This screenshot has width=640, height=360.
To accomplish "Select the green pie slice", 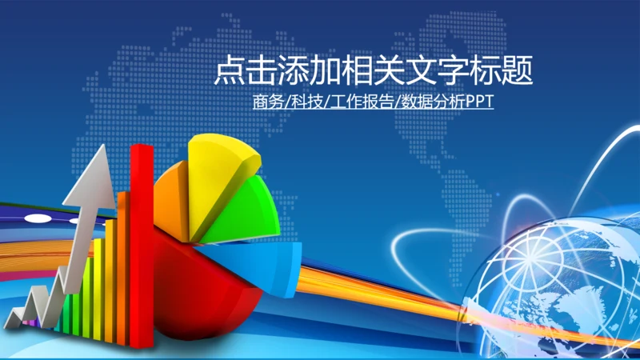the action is point(245,212).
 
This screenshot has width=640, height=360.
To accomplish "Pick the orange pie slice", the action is point(171,200).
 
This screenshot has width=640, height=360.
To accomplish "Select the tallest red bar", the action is point(142,245).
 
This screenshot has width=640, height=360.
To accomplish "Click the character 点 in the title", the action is point(230,70).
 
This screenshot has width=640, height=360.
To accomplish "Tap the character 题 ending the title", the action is point(517,70).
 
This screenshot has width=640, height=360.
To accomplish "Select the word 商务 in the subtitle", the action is point(268,102).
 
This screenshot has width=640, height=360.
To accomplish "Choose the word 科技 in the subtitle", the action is point(307,102).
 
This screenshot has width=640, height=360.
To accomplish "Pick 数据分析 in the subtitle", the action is point(433,102).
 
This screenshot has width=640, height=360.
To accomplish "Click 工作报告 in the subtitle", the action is point(362,102).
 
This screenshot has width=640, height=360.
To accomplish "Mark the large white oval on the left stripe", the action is point(38,218).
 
